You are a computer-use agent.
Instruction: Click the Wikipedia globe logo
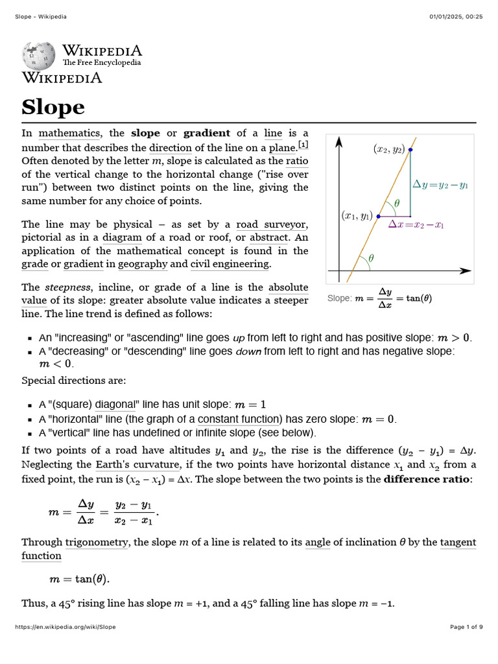pos(40,56)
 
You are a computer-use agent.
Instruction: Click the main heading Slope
pos(53,107)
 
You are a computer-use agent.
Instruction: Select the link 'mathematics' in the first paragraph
pos(69,134)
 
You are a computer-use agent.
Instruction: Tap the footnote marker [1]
pos(303,144)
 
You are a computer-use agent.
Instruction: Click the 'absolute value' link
pos(288,287)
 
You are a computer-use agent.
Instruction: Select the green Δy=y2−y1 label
pos(440,185)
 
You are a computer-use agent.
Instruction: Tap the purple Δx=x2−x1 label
pos(416,225)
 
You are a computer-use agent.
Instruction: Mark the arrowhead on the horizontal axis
pos(466,270)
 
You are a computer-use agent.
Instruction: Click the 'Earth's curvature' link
pos(137,464)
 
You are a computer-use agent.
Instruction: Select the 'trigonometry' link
pos(96,542)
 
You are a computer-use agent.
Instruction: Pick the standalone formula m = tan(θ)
pos(75,579)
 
